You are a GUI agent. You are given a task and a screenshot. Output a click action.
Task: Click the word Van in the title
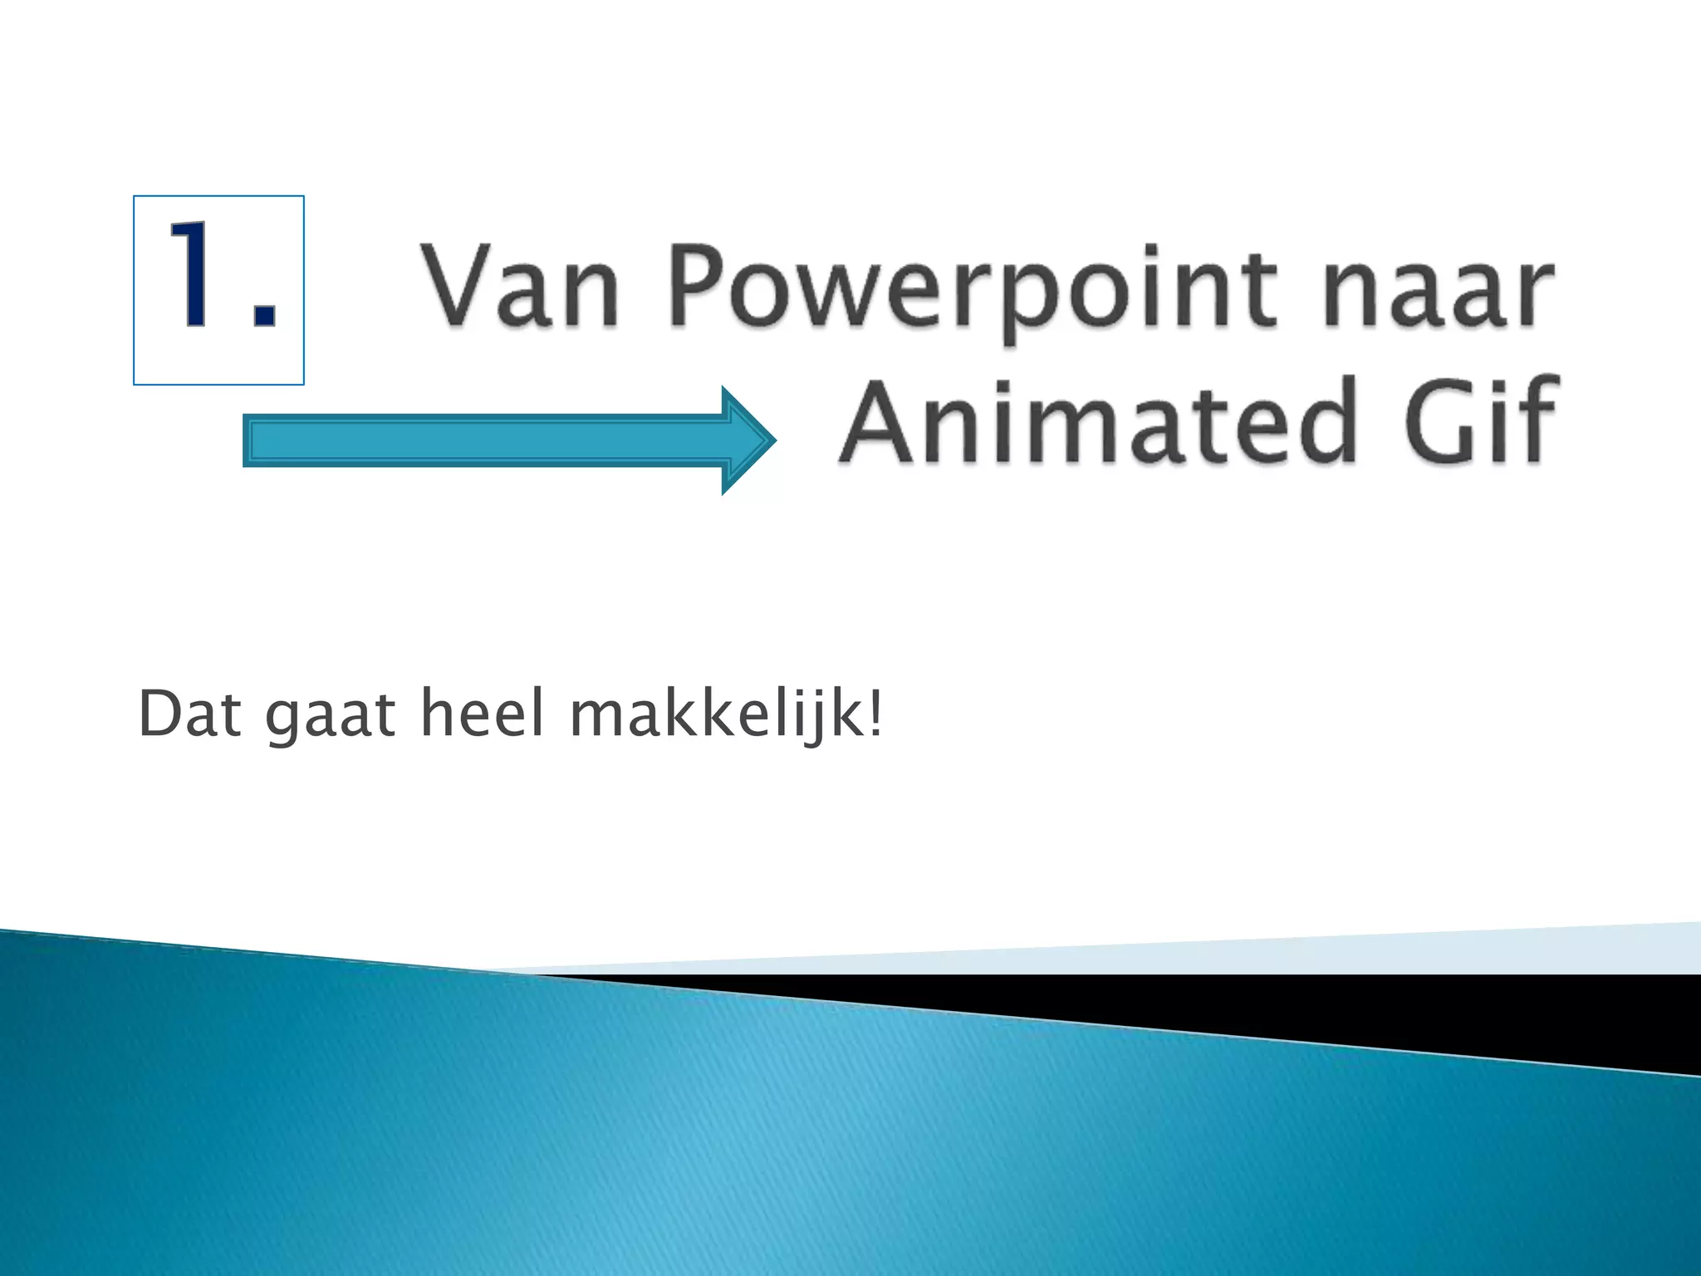coord(521,286)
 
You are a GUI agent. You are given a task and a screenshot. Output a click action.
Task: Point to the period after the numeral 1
coord(264,316)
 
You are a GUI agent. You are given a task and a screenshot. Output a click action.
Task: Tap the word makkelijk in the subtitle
coord(718,714)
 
